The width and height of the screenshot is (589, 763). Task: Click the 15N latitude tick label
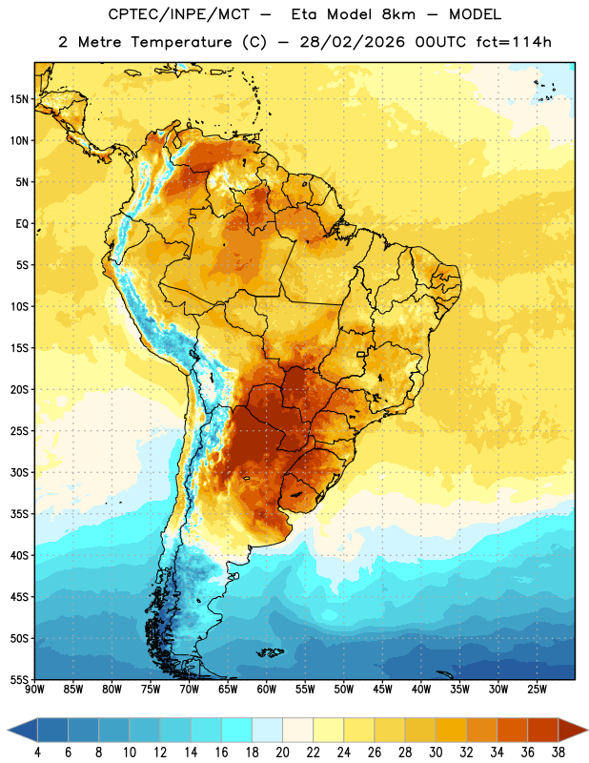[19, 99]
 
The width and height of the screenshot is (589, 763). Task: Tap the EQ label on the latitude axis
[22, 224]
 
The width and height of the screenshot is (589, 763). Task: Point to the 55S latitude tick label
[19, 679]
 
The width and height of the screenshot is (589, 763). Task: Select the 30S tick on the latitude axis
[19, 472]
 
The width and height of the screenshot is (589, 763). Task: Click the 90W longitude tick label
[35, 689]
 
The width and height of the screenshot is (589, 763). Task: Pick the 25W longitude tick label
[537, 689]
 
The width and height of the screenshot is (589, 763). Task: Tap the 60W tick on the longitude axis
[267, 689]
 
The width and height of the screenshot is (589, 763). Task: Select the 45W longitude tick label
[383, 689]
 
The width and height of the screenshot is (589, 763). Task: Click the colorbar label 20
[282, 753]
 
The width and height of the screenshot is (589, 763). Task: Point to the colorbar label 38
[559, 753]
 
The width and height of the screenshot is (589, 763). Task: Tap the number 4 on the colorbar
[37, 753]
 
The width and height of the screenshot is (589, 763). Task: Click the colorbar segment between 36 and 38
[543, 731]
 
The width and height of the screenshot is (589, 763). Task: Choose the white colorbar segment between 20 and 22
[297, 731]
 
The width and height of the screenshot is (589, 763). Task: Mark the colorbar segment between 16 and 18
[236, 731]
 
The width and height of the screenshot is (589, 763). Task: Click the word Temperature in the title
[181, 42]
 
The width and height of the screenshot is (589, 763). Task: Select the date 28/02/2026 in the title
[352, 42]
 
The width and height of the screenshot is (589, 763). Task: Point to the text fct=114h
[514, 42]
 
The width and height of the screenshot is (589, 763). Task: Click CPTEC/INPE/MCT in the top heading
[178, 14]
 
